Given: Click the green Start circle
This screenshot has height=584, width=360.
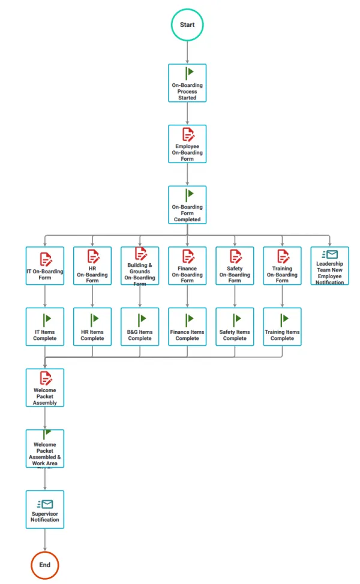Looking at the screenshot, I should tap(187, 25).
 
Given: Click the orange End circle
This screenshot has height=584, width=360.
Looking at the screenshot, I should tap(45, 565).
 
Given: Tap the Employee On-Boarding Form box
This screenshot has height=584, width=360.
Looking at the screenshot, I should tap(187, 144).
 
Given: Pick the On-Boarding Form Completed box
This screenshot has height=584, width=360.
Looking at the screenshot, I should tap(187, 204).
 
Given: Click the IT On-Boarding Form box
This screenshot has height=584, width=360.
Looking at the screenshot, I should tap(45, 266).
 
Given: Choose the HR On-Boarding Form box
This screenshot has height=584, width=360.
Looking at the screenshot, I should tap(92, 266).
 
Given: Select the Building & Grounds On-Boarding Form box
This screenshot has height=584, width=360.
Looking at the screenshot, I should tap(140, 266).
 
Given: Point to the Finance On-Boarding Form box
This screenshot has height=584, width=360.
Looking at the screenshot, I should tap(187, 266).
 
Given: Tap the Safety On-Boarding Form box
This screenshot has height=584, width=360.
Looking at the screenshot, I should tap(235, 266).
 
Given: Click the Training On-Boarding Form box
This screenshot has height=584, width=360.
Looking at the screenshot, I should tap(282, 266).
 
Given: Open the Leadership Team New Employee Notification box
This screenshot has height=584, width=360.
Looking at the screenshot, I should tap(329, 266).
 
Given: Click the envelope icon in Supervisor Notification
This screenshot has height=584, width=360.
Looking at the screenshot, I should tap(46, 504).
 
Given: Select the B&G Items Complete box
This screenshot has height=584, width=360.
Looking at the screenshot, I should tap(140, 327).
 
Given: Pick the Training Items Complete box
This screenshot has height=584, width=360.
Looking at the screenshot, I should tap(282, 327).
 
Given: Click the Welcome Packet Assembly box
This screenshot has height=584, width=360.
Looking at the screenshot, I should tap(45, 387).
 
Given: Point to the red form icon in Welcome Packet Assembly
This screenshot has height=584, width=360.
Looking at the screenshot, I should tap(46, 378).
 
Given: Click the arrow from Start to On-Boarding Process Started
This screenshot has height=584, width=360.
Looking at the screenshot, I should tap(187, 52).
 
